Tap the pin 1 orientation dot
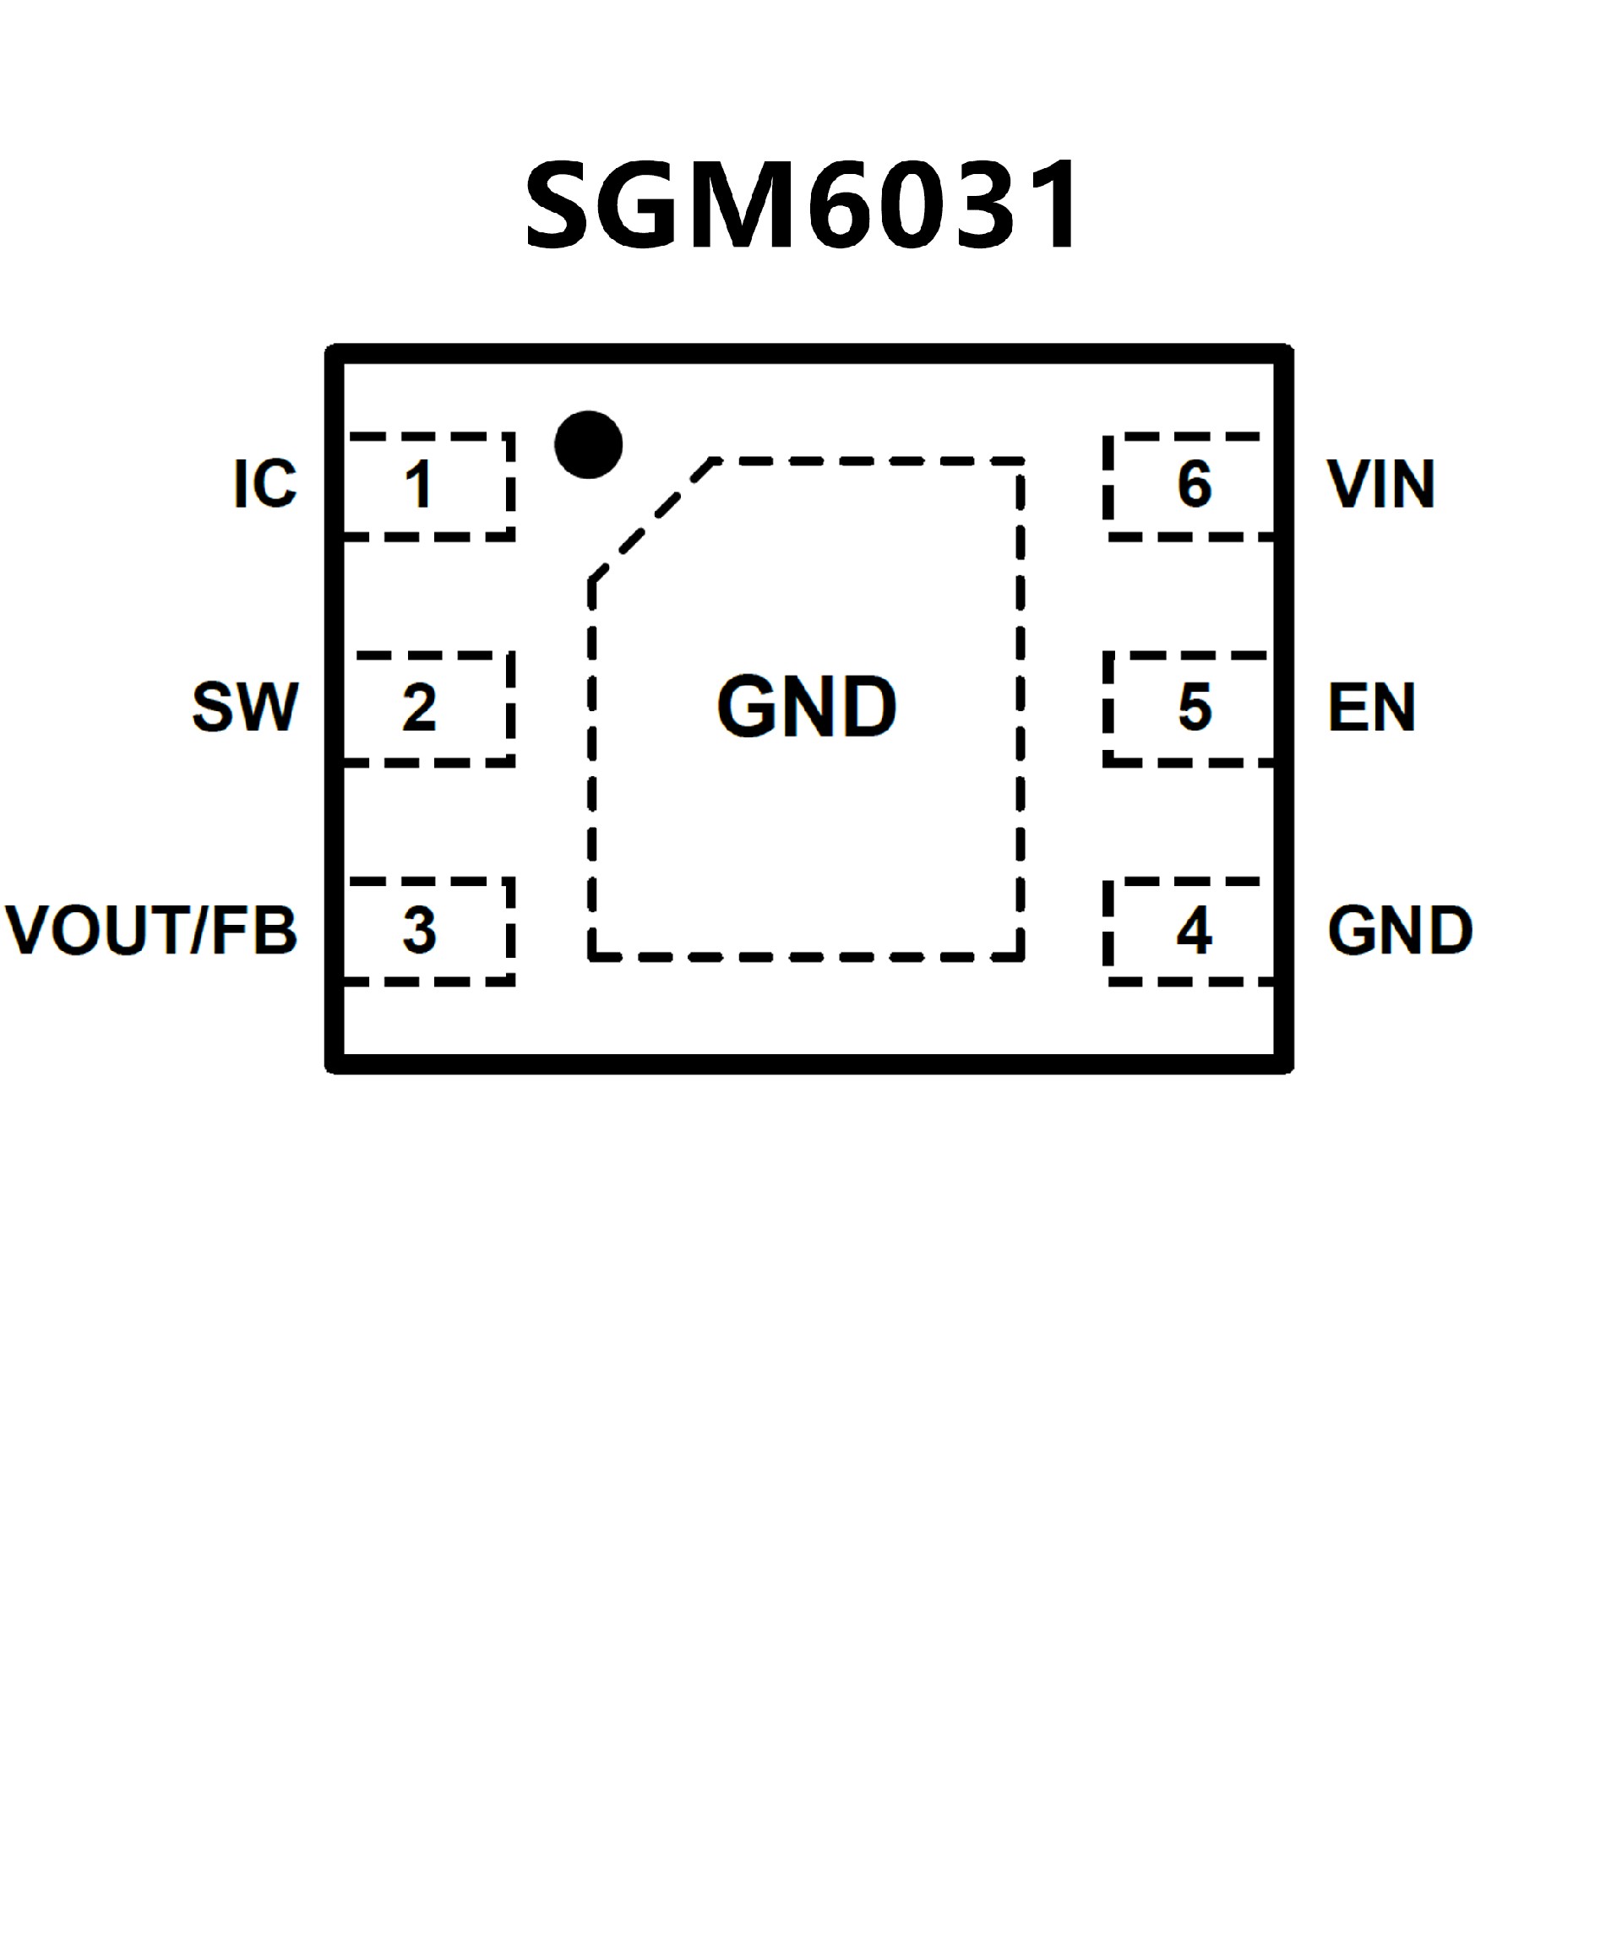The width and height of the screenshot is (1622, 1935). (589, 445)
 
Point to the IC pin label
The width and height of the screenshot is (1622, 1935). (265, 483)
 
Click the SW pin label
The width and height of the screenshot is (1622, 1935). (245, 708)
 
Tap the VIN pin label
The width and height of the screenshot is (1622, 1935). (1380, 483)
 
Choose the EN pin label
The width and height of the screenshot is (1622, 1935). (1371, 708)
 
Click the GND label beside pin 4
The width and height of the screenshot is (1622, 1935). (1400, 931)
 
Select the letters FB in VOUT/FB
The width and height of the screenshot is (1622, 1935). (254, 931)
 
